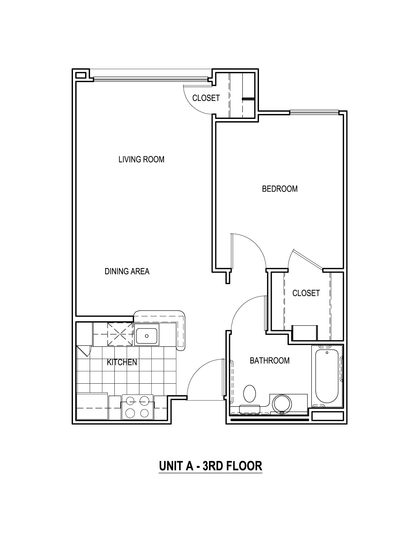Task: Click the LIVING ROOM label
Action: [x=141, y=160]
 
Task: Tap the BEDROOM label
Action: [x=280, y=189]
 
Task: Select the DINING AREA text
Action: [x=127, y=271]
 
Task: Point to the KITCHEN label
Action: [x=122, y=362]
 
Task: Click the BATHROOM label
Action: [x=269, y=361]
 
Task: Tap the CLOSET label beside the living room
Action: [x=206, y=98]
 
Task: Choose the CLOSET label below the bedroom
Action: [x=306, y=293]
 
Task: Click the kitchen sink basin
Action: [x=147, y=336]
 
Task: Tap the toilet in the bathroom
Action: [x=250, y=394]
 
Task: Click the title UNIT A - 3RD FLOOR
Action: [x=210, y=466]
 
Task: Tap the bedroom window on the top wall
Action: [x=314, y=113]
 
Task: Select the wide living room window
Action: [x=151, y=79]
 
